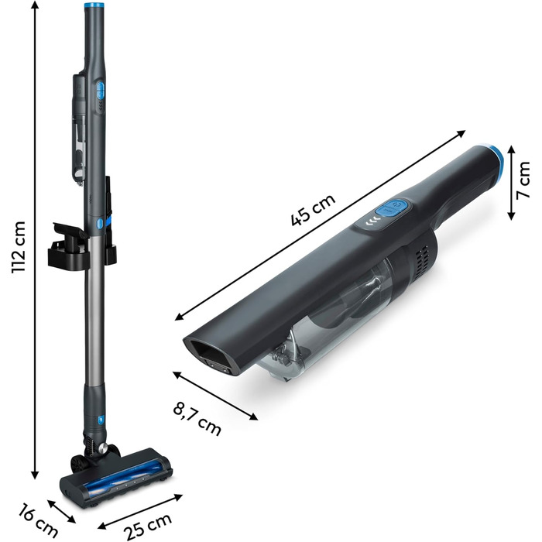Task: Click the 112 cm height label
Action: (x=19, y=248)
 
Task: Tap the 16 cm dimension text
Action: (x=38, y=522)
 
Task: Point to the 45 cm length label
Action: (x=313, y=210)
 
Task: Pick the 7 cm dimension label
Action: (x=523, y=180)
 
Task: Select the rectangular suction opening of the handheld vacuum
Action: (x=209, y=355)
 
